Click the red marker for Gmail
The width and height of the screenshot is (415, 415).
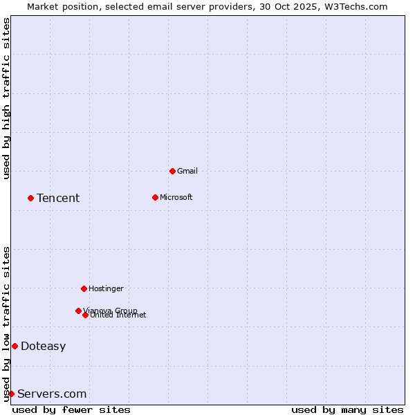tap(172, 171)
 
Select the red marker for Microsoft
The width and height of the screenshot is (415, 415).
tap(155, 197)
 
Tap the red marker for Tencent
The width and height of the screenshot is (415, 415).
tap(30, 198)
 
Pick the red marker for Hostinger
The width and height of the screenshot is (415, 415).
tap(84, 288)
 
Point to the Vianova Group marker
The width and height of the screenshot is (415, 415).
tap(78, 311)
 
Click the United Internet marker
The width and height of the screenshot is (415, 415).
tap(85, 315)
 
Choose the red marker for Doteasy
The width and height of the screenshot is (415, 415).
tap(15, 346)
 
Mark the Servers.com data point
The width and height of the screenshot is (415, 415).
tap(11, 394)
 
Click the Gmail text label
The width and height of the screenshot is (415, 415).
tap(187, 171)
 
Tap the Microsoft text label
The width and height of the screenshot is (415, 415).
tap(176, 197)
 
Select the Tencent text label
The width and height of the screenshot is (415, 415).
tap(58, 199)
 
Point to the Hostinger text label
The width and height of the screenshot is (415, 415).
tap(106, 288)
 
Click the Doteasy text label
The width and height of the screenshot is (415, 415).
tap(43, 347)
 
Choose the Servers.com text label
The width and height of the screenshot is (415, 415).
tap(52, 394)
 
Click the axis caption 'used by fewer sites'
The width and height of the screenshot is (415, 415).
tap(71, 409)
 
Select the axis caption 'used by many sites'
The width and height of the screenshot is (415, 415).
tap(347, 409)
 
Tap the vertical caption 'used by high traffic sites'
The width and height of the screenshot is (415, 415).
tap(6, 98)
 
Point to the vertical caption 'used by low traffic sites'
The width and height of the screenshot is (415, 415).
tap(6, 323)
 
